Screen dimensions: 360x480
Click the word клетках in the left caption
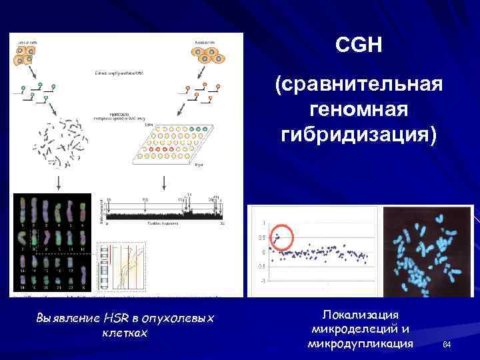(x=125, y=332)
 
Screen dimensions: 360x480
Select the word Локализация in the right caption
(x=359, y=314)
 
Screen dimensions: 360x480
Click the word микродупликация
(x=360, y=343)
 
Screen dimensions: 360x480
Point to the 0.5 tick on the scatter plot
(x=263, y=237)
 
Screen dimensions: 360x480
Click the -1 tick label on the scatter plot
(x=264, y=281)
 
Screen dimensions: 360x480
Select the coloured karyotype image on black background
(x=51, y=243)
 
